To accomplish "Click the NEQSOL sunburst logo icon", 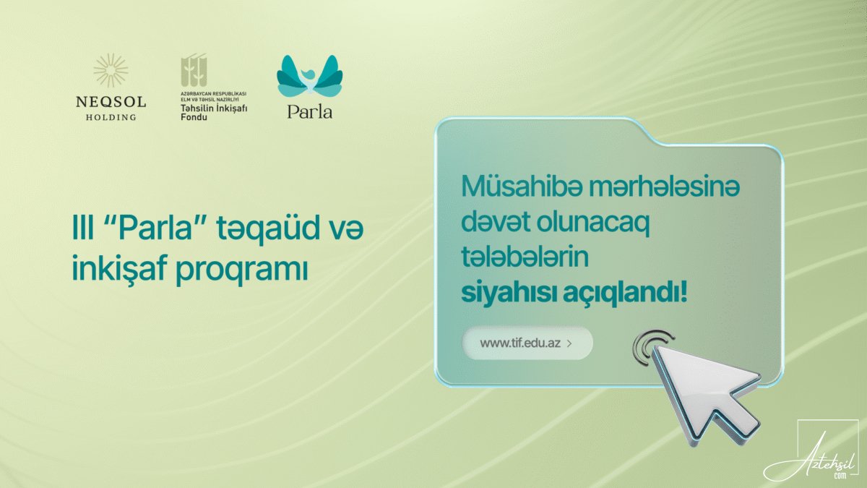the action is coord(111,70).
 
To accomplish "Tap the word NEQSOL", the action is coord(111,102).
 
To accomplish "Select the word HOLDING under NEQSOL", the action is coord(111,117).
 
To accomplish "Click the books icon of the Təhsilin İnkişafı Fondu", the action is coord(194,70).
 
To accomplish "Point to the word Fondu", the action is coord(194,117).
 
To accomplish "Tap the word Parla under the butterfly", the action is coord(310,112).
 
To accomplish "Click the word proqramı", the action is coord(242,270).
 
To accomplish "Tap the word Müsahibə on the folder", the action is coord(522,187).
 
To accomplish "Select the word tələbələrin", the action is coord(525,257).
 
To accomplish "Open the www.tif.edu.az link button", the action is coord(527,343).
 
